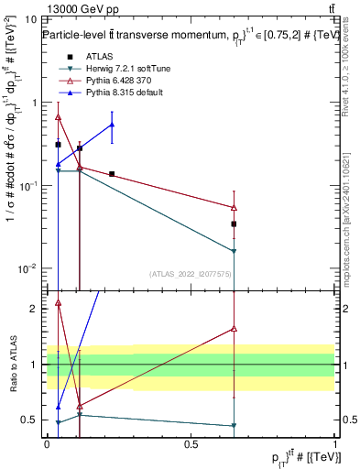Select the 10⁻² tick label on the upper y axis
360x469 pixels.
[27, 268]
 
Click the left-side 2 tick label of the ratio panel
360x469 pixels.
[35, 309]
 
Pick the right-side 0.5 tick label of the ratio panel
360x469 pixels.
[348, 420]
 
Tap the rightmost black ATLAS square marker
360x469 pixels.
[235, 224]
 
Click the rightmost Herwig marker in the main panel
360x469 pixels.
[235, 251]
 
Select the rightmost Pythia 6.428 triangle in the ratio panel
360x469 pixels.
[235, 328]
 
